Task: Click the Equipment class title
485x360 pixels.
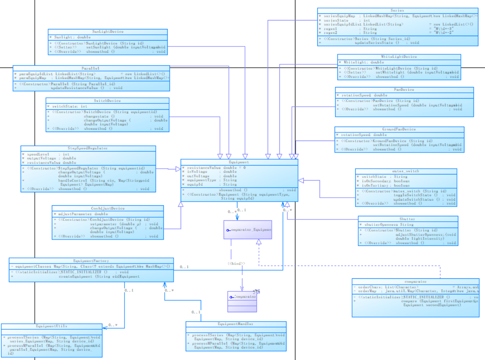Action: (x=239, y=162)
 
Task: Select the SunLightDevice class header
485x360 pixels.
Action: (x=108, y=32)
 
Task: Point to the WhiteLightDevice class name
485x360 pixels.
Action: (x=399, y=57)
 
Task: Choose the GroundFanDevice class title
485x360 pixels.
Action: (x=399, y=129)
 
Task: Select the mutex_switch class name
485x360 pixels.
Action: (x=406, y=171)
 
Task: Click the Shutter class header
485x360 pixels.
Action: (x=407, y=219)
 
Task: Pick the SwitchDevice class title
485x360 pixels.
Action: (x=108, y=100)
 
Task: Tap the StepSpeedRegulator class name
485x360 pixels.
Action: (x=87, y=148)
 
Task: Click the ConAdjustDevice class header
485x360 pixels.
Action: (x=108, y=208)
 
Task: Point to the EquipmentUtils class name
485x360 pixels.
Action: (x=51, y=326)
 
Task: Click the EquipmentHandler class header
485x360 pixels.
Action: (x=236, y=324)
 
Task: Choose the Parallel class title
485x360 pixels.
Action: (x=91, y=68)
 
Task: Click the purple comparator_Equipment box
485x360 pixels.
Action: (x=248, y=230)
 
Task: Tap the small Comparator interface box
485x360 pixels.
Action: (x=242, y=296)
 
